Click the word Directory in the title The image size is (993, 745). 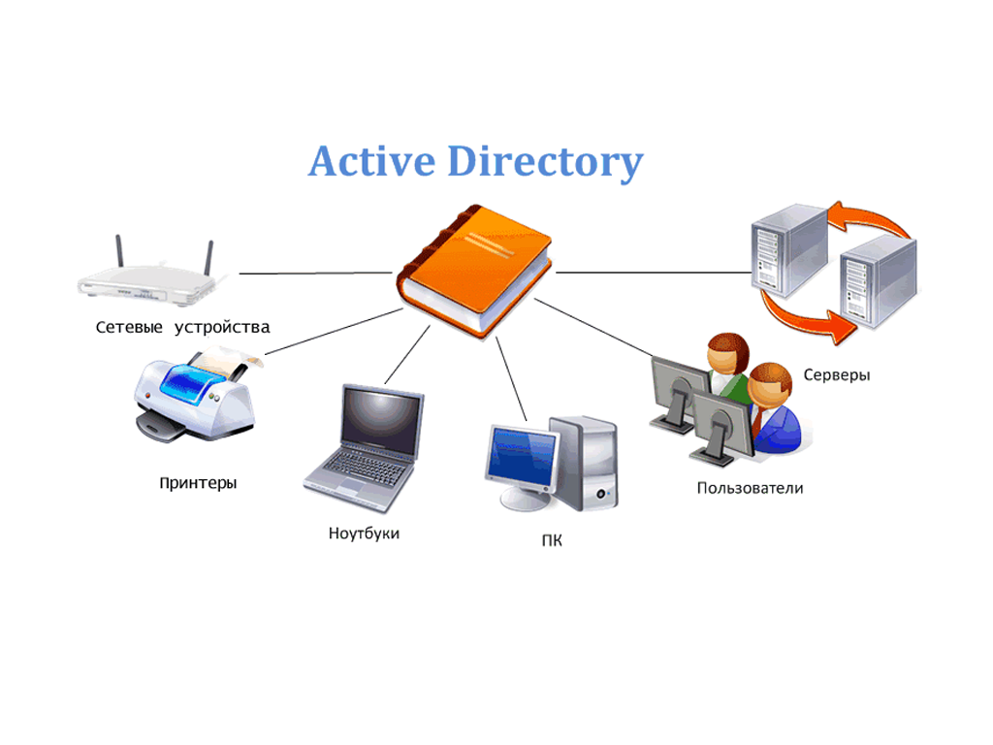545,162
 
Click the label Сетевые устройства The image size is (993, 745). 182,327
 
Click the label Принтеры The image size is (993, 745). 198,482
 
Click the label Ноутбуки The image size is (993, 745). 364,534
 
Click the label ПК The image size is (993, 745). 552,540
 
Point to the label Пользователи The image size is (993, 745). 750,488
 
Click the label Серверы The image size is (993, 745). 837,374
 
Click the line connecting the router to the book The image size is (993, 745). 315,274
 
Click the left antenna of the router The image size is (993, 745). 120,252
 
